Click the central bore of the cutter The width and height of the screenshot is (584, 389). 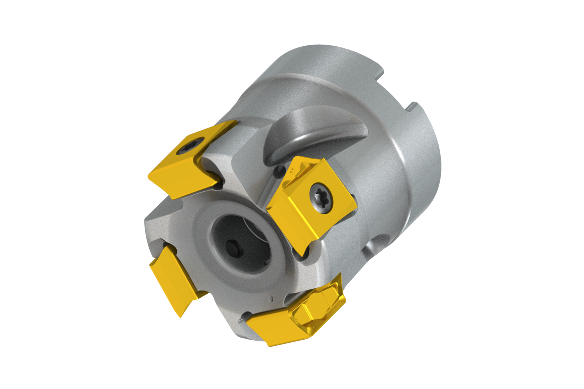(237, 241)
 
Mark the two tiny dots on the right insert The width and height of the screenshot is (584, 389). (292, 170)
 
